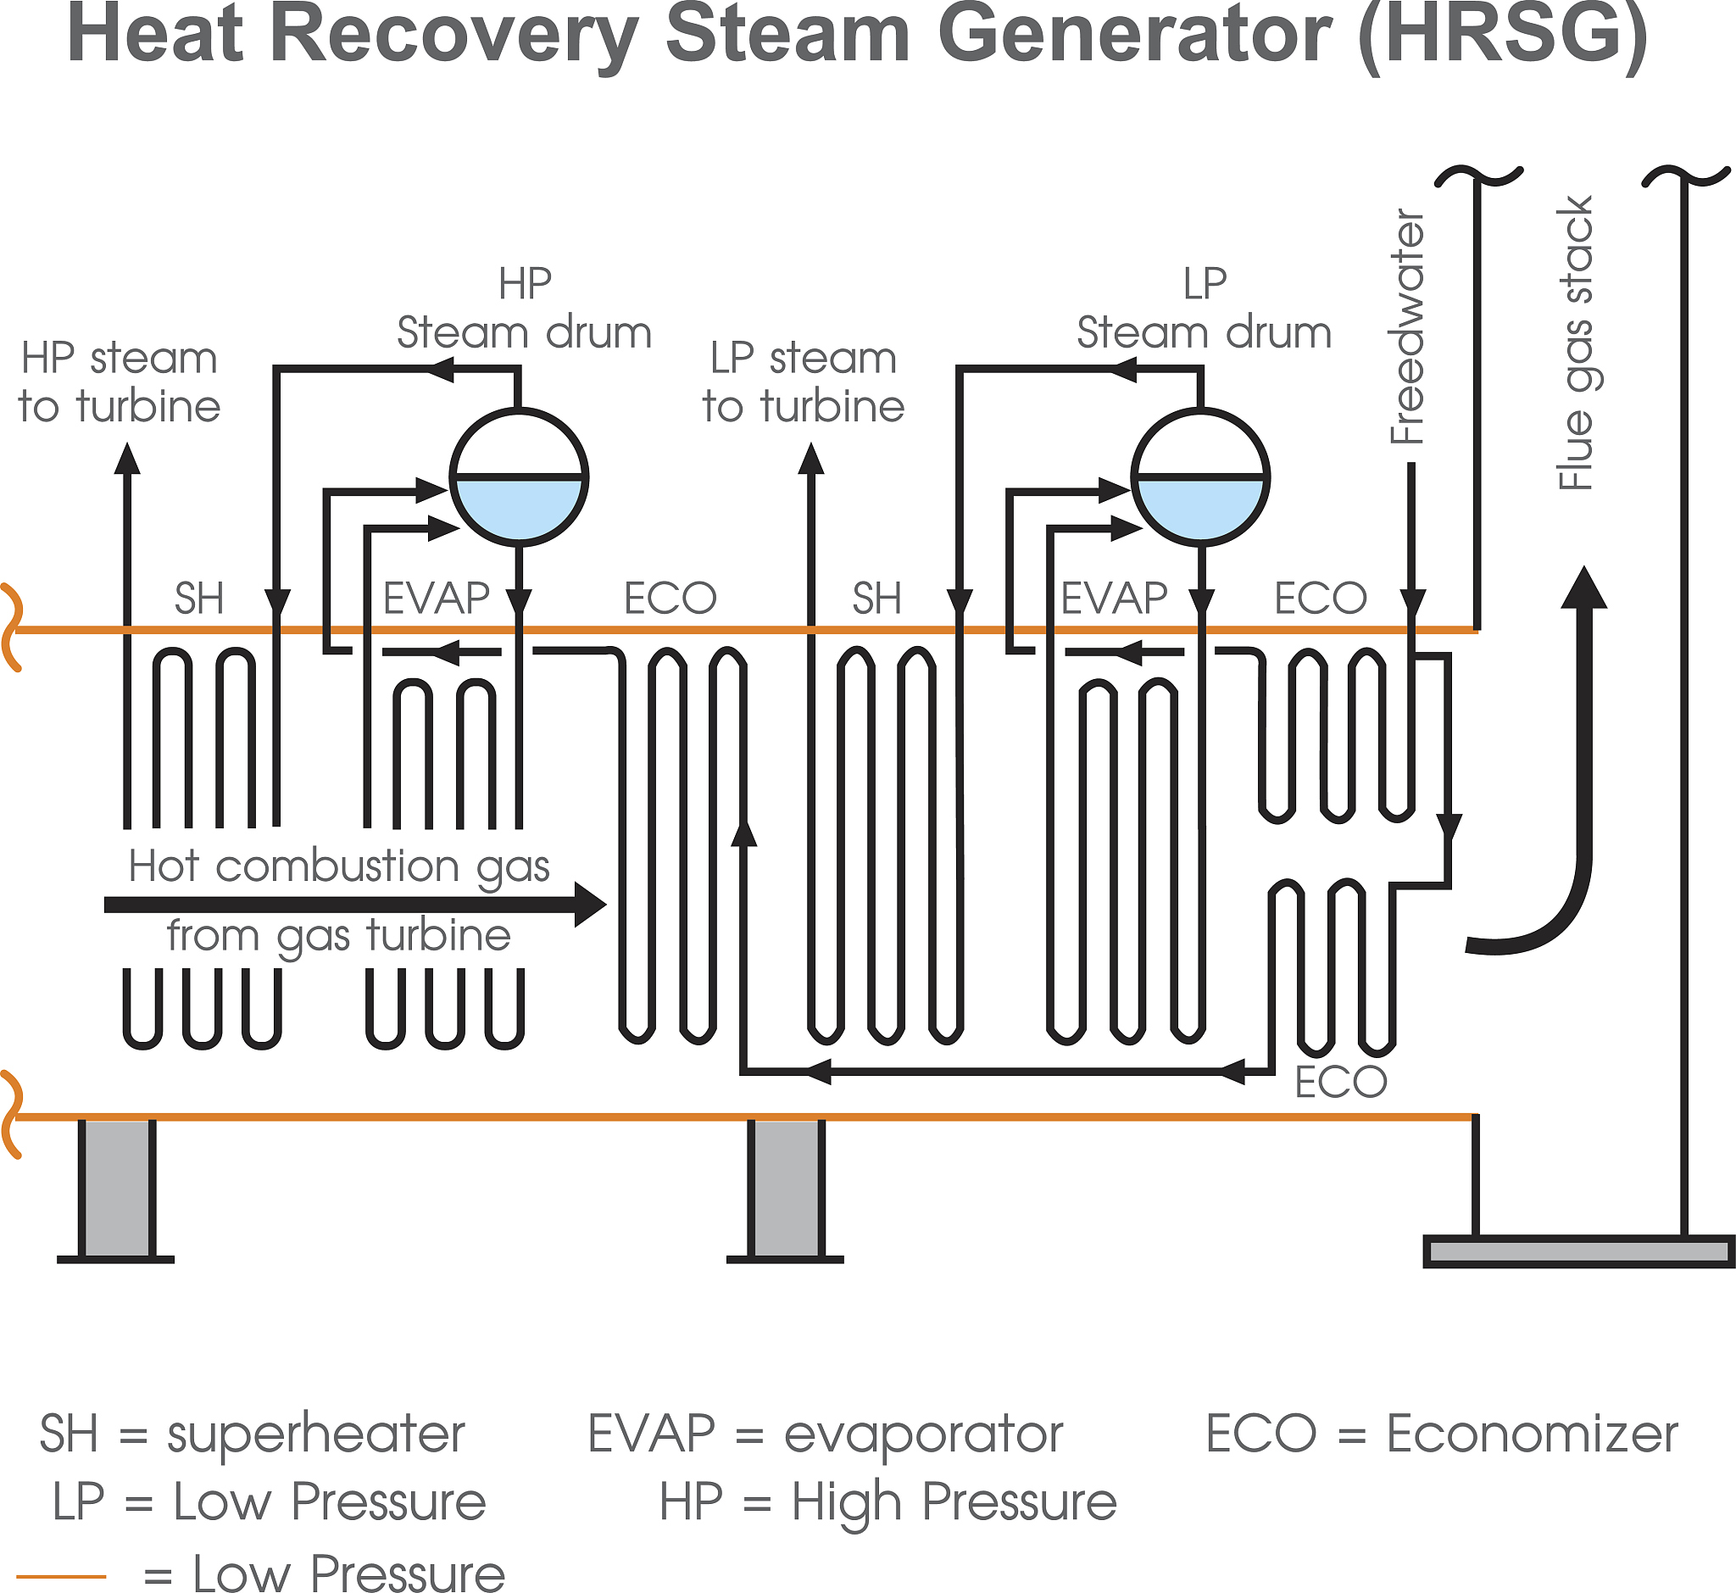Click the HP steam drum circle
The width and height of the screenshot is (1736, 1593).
[519, 476]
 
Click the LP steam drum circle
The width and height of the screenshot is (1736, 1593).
[1199, 476]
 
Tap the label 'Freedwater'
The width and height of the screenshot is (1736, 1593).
[1408, 327]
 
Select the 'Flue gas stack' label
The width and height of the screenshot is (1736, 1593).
[1576, 345]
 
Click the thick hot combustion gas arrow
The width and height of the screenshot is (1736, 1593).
[353, 905]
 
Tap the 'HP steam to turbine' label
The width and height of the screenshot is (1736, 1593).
[120, 382]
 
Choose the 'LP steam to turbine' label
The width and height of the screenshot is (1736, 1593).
[804, 382]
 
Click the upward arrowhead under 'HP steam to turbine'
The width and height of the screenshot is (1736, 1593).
[127, 460]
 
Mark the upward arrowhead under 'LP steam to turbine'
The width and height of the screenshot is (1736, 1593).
[811, 460]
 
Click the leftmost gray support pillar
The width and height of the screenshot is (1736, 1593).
[116, 1188]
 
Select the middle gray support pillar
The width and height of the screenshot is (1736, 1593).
[785, 1188]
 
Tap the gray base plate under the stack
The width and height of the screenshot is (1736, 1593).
[1577, 1250]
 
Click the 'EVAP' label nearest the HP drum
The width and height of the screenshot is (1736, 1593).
[437, 599]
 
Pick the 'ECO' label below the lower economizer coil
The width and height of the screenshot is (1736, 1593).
[1340, 1082]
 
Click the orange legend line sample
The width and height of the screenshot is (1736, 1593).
[61, 1577]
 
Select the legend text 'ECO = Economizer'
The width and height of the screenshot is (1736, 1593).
[1441, 1434]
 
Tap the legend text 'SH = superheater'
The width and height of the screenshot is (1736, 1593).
[252, 1434]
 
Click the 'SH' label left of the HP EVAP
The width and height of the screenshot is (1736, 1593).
[199, 599]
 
